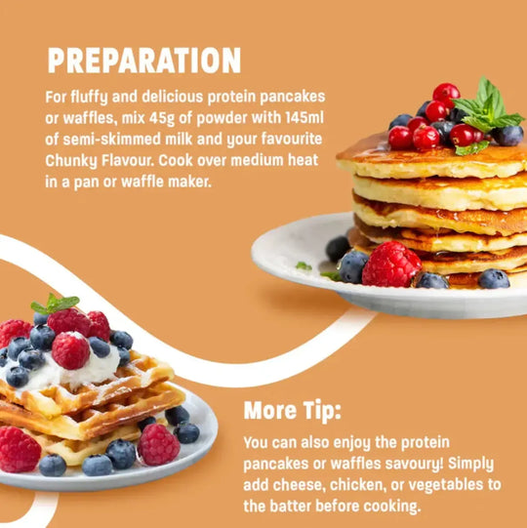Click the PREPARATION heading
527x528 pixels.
(143, 61)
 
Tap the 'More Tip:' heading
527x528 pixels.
(291, 409)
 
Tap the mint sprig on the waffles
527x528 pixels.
(56, 305)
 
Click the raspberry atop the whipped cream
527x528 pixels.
(70, 349)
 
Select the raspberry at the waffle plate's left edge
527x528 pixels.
(19, 448)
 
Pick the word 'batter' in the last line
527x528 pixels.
(298, 507)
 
